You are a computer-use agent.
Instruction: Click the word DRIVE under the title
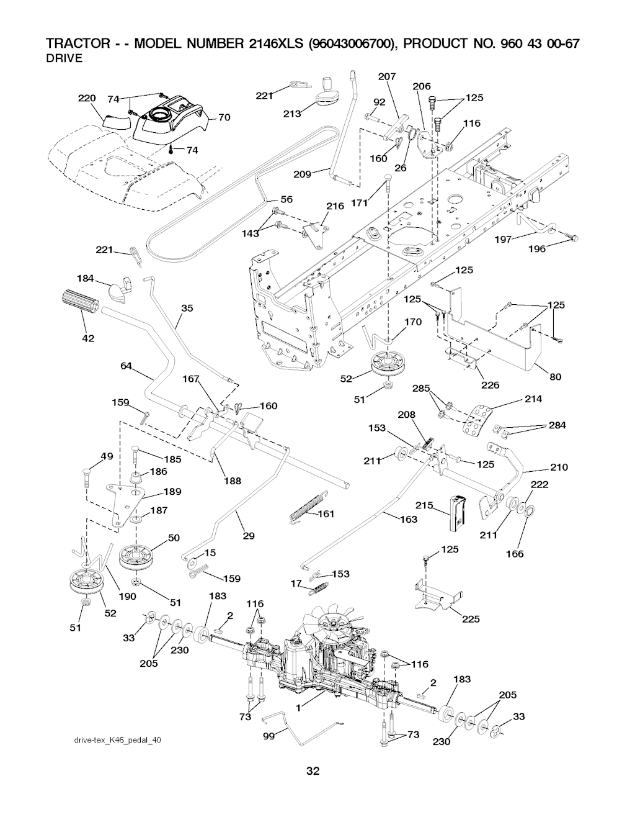[x=65, y=58]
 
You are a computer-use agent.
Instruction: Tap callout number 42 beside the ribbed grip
[x=88, y=338]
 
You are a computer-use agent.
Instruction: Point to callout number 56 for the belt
[x=286, y=199]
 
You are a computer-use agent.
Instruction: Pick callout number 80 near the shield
[x=556, y=377]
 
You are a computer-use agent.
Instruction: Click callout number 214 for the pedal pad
[x=533, y=399]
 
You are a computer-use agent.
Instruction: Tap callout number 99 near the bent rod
[x=269, y=737]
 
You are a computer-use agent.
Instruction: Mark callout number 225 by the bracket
[x=471, y=619]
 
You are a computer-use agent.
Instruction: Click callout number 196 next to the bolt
[x=537, y=249]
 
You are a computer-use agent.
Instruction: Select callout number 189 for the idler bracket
[x=172, y=492]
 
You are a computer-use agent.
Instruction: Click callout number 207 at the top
[x=386, y=76]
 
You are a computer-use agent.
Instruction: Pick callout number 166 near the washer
[x=515, y=553]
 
